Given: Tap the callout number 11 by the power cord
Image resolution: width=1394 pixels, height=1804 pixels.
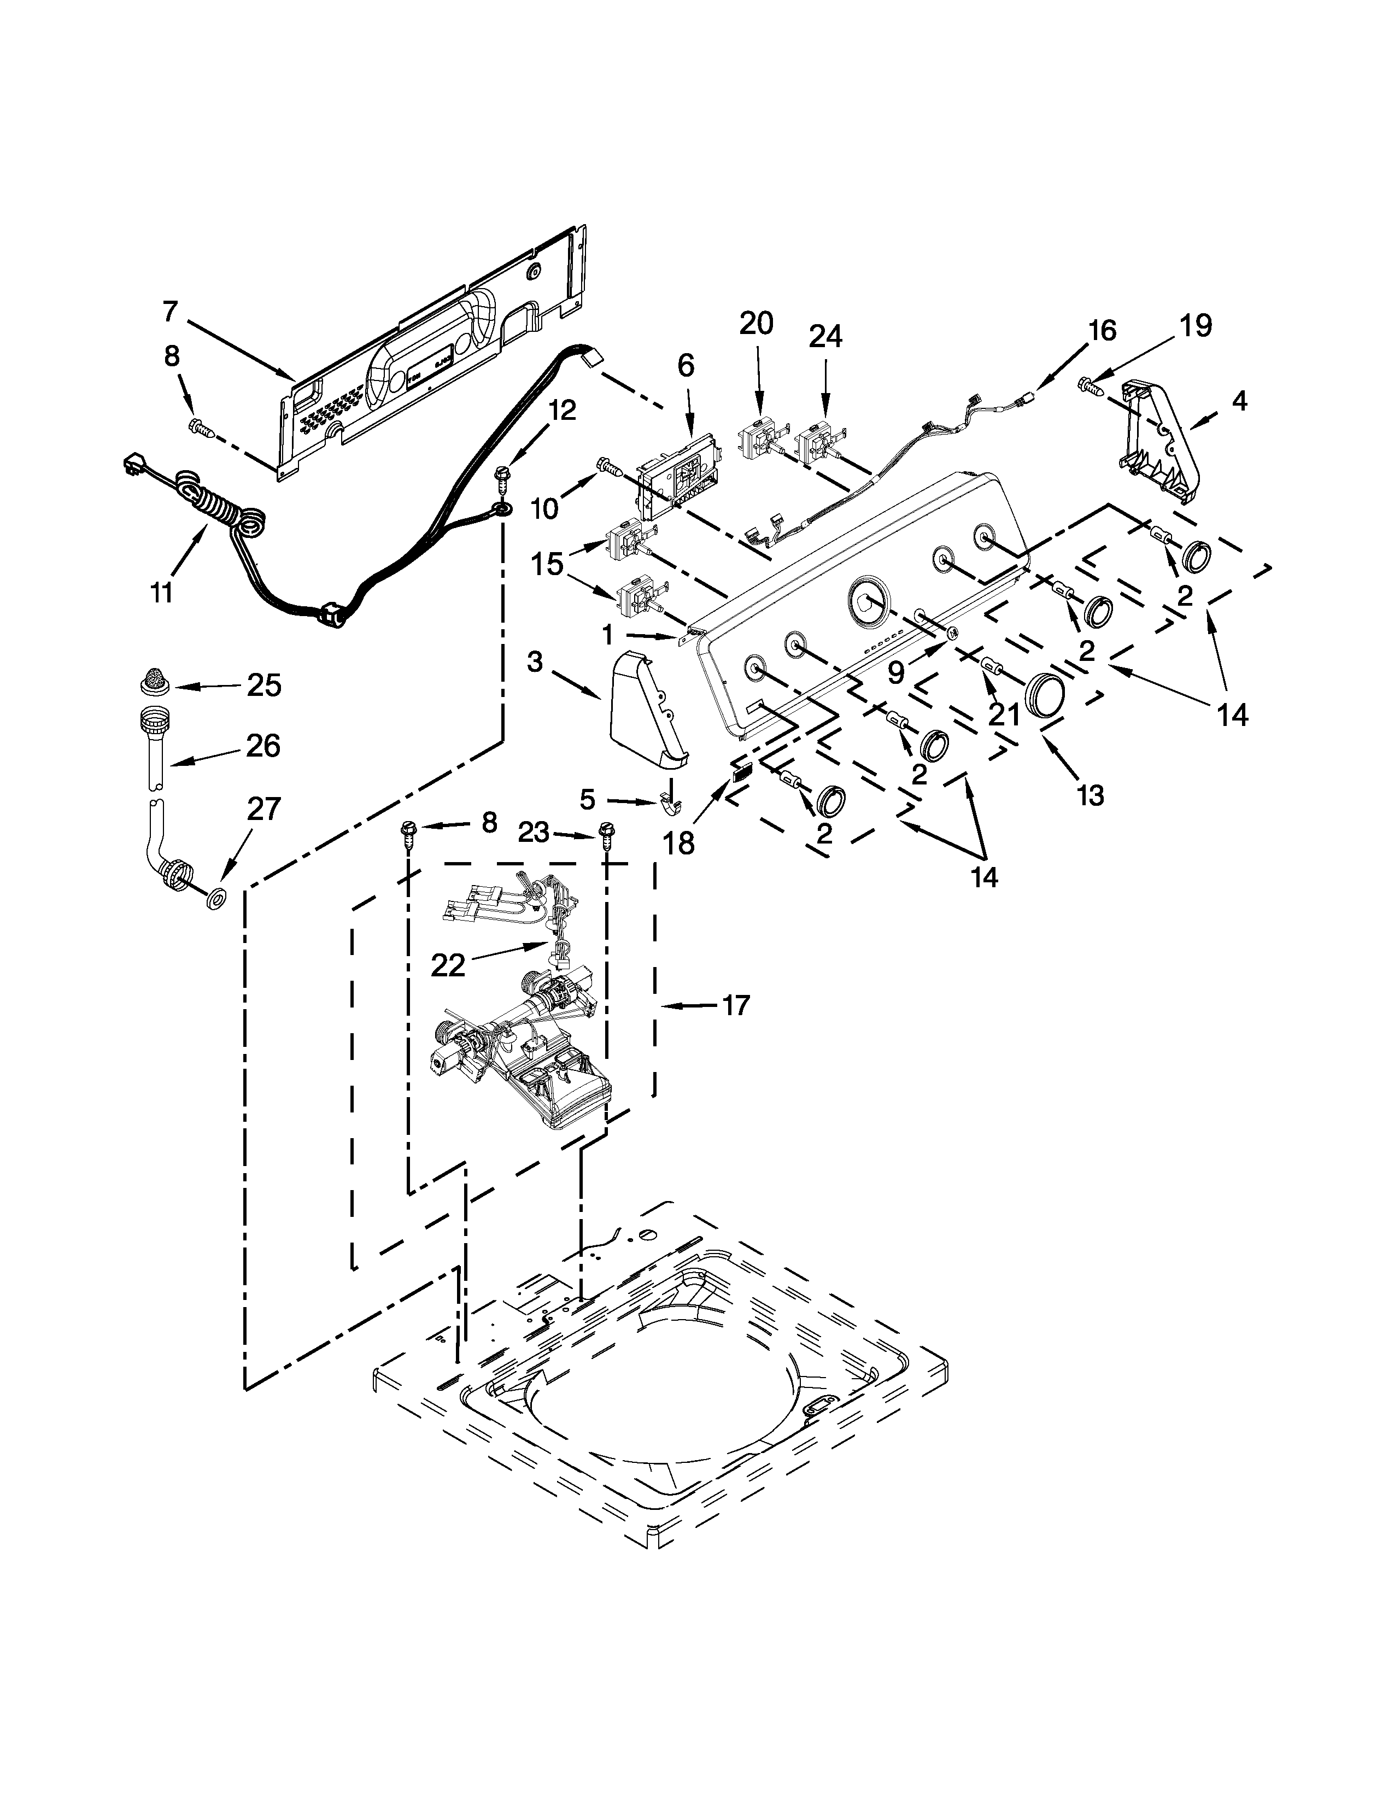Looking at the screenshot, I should [161, 591].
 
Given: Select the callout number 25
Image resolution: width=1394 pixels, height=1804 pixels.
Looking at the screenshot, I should [264, 686].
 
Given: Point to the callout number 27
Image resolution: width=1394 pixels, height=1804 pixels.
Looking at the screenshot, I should [264, 809].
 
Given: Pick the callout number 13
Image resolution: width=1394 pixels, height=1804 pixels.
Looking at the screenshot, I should [1090, 795].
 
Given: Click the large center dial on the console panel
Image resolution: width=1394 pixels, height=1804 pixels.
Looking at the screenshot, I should [867, 600].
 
